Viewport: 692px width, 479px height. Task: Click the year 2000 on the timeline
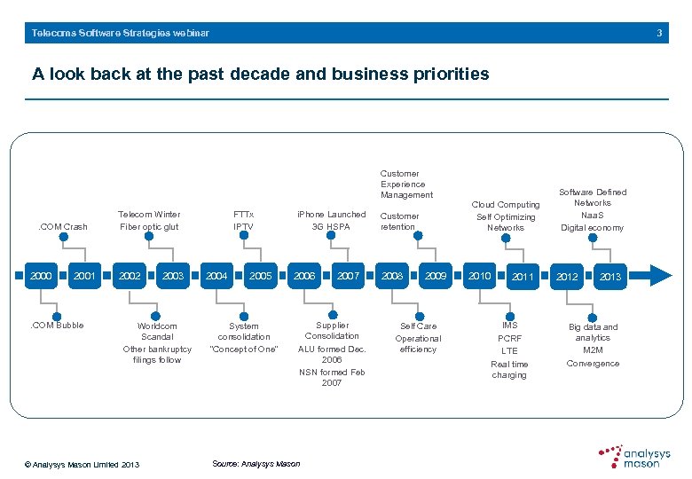40,276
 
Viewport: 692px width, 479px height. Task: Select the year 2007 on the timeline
349,276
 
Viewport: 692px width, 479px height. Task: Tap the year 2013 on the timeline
610,277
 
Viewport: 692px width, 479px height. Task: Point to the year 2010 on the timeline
480,276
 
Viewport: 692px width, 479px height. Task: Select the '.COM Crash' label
63,227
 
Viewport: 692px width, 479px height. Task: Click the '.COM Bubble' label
58,326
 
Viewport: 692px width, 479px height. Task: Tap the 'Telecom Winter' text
149,215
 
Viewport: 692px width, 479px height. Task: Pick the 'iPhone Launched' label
331,215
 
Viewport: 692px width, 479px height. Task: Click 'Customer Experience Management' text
406,185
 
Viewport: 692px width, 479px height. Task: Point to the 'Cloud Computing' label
505,205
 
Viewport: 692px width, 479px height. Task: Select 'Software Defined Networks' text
593,197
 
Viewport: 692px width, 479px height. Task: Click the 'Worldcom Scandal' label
157,332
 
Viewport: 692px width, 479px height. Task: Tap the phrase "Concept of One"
243,349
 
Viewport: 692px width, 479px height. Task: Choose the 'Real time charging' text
509,369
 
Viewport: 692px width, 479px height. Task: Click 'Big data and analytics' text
593,332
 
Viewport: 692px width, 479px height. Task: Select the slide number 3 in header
659,33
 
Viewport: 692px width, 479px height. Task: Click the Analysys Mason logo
634,456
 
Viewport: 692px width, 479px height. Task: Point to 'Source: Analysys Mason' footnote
256,464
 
